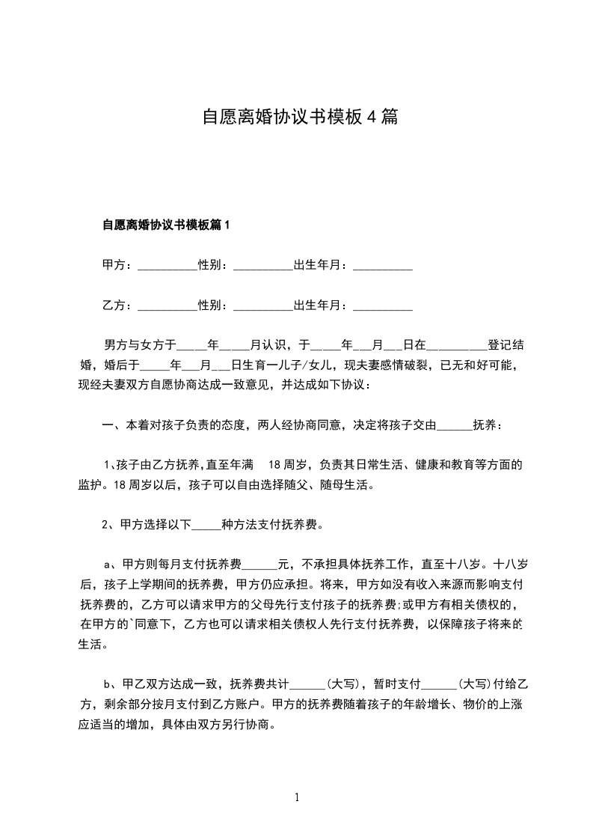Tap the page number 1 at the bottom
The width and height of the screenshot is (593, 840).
297,797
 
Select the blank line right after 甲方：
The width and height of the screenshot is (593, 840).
167,267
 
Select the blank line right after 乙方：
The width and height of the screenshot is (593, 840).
167,306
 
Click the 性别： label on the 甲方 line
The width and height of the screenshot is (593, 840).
213,265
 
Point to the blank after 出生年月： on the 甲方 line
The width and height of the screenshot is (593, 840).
382,267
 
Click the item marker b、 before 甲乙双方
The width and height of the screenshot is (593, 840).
109,684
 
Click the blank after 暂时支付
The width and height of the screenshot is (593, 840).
439,684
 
